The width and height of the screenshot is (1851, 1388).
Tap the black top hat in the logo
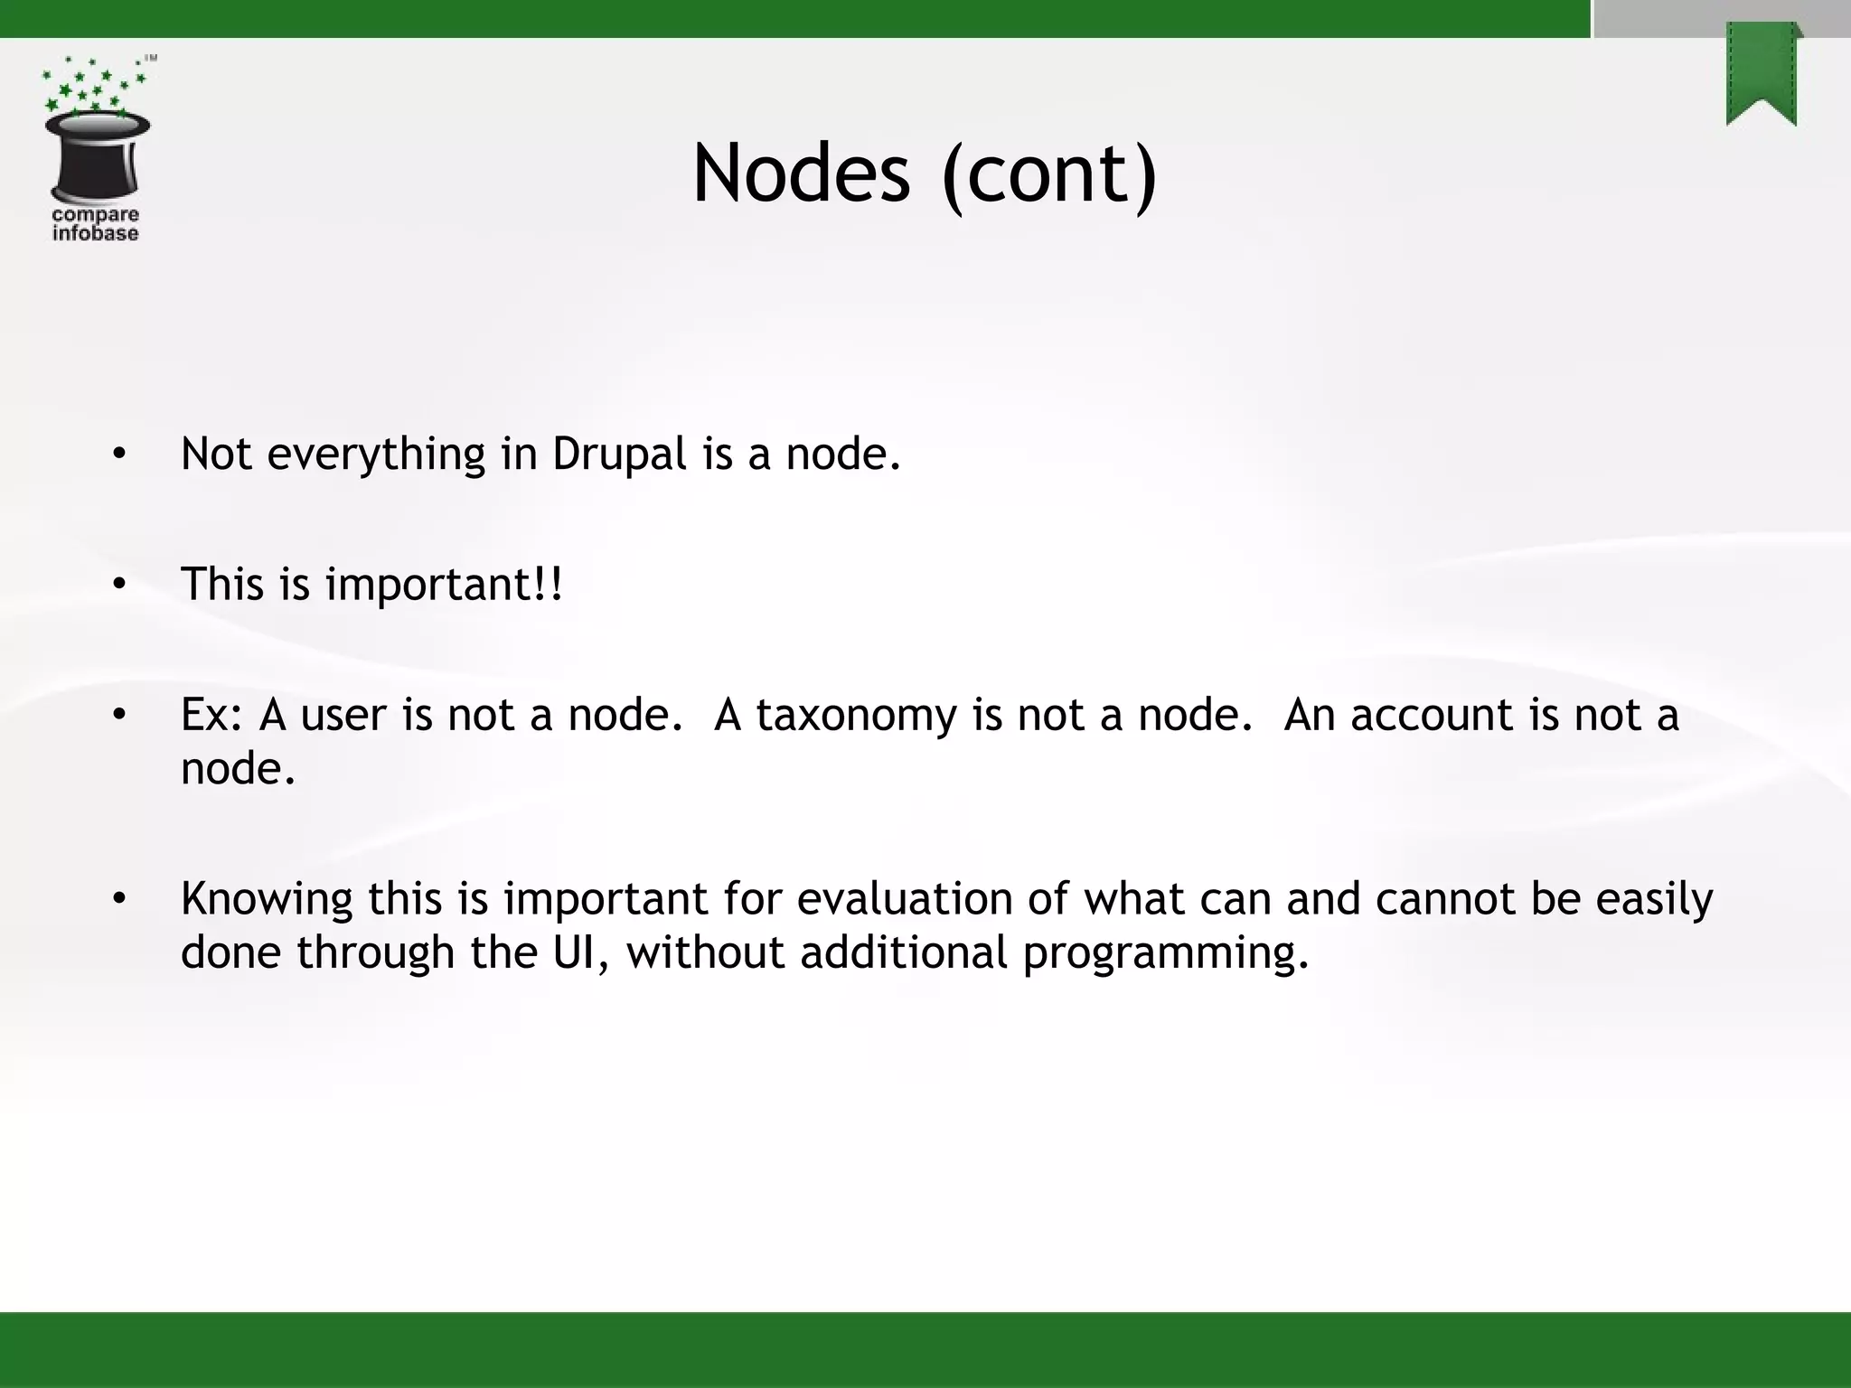[97, 157]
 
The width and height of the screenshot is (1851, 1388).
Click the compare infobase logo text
[95, 224]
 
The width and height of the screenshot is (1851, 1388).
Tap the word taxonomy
[855, 716]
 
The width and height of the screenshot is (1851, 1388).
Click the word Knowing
[266, 900]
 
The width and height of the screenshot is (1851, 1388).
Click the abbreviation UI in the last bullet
[579, 952]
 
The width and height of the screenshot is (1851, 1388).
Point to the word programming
[1165, 954]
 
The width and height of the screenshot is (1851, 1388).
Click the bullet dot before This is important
[119, 585]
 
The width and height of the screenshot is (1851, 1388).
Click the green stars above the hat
[90, 86]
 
